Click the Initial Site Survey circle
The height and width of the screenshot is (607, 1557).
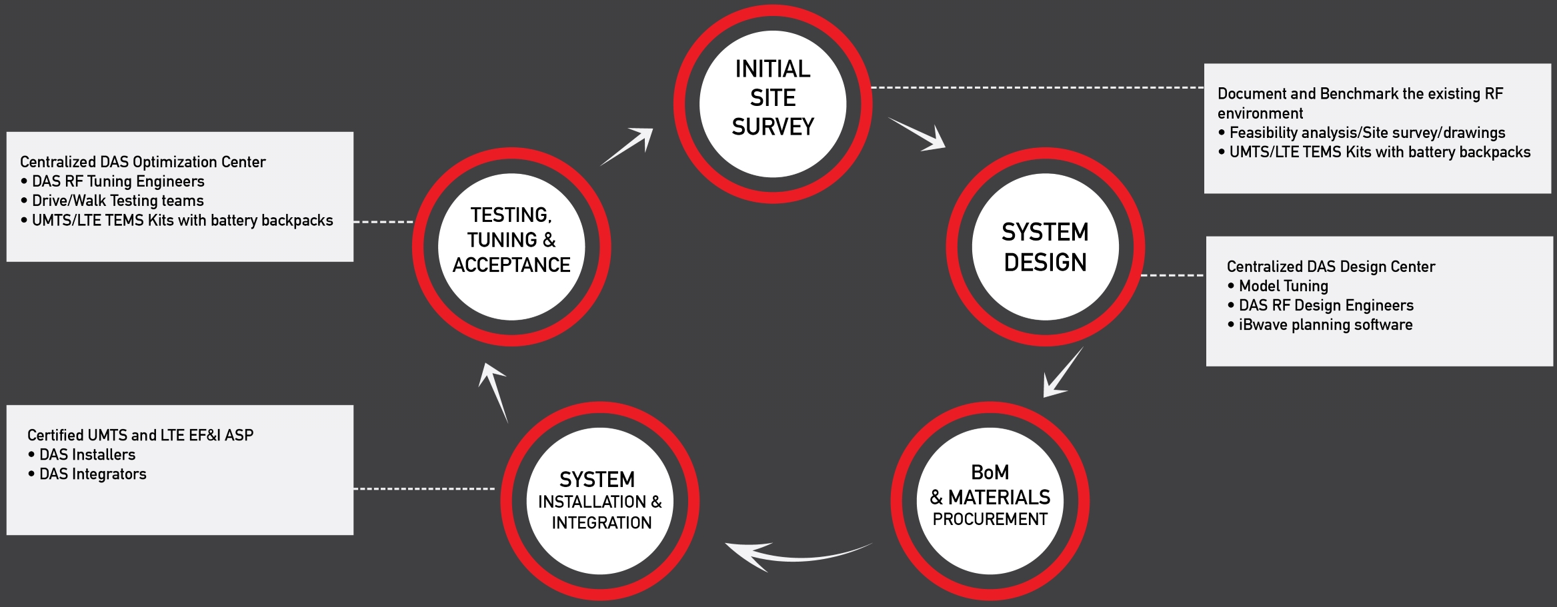[x=773, y=103]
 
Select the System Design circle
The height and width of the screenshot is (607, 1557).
[x=1045, y=247]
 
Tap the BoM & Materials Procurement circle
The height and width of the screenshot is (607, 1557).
[x=990, y=500]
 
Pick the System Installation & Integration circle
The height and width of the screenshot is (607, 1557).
[x=600, y=500]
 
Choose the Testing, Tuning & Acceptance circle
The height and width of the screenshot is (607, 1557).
[x=511, y=247]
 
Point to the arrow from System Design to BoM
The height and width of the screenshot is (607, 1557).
[x=1062, y=373]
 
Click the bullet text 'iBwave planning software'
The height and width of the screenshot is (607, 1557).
[x=1325, y=324]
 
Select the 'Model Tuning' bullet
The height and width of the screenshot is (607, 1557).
[x=1283, y=286]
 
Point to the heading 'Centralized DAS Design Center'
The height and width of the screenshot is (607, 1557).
[x=1330, y=267]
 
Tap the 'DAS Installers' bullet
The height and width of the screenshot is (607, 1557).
[x=87, y=454]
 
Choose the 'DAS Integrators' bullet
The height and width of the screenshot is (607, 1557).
[x=93, y=474]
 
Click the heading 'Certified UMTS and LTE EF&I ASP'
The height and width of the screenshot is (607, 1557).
[x=140, y=435]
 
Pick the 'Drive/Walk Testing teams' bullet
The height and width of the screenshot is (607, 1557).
[x=117, y=201]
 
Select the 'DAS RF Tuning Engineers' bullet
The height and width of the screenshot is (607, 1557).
[x=118, y=181]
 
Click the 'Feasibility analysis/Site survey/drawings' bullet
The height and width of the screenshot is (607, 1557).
[x=1367, y=133]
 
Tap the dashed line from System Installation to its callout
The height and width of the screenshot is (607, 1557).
[x=424, y=488]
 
